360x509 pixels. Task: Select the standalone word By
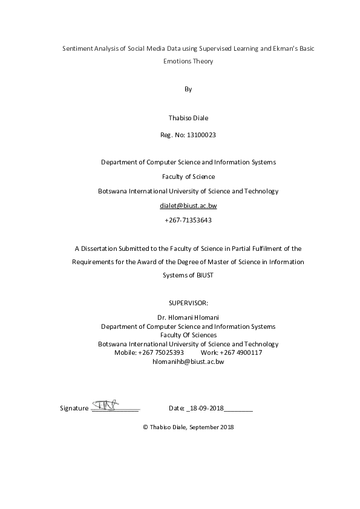click(188, 89)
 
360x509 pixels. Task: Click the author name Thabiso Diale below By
click(188, 118)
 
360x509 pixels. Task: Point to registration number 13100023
click(199, 135)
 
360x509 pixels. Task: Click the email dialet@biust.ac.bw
click(188, 206)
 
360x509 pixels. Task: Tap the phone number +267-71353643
click(188, 220)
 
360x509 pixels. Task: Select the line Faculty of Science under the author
click(188, 177)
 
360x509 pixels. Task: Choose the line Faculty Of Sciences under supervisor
click(188, 335)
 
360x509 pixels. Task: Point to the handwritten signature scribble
click(108, 403)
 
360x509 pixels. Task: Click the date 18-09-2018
click(206, 408)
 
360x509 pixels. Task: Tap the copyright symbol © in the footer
click(145, 427)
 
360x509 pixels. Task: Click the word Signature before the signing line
click(74, 408)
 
